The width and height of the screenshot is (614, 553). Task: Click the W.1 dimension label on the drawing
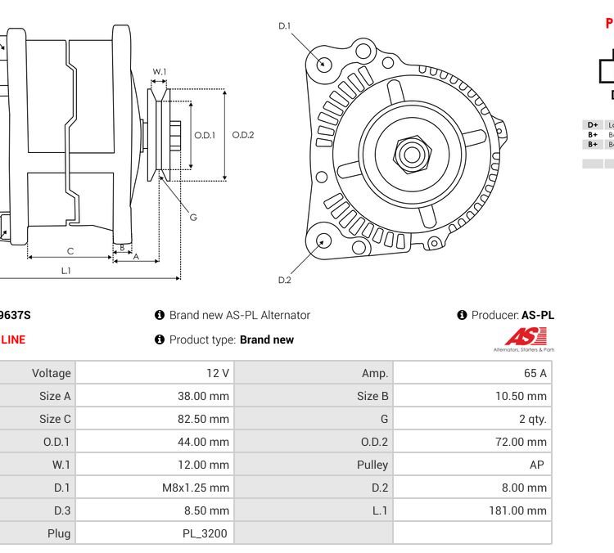click(x=160, y=72)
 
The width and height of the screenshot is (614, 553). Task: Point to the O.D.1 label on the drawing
click(x=205, y=135)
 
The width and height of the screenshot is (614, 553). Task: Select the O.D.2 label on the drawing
click(x=243, y=135)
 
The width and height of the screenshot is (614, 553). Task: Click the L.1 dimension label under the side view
click(x=66, y=270)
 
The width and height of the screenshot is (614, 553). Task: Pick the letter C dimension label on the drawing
click(x=70, y=251)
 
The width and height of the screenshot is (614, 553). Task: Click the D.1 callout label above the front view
click(x=285, y=26)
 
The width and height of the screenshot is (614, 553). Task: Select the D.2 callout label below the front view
click(x=285, y=280)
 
